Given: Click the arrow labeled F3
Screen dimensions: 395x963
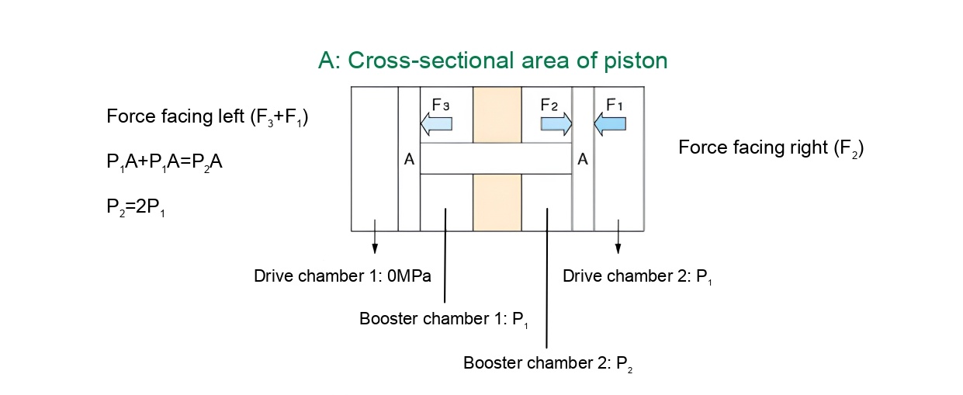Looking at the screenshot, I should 435,123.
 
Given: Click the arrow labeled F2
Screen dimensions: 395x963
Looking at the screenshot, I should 556,123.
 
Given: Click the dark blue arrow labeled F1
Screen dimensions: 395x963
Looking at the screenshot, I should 610,123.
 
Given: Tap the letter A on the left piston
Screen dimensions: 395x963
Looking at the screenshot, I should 409,159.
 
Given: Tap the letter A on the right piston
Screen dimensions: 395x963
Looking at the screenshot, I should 583,159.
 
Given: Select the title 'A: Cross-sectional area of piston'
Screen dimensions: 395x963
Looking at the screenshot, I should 493,61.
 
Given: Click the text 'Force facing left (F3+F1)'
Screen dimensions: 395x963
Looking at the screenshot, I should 208,118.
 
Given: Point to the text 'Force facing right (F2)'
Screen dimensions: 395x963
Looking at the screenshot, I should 771,147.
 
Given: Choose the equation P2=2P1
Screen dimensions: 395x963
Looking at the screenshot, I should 137,207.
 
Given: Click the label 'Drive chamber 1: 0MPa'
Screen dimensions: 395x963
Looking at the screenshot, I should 342,275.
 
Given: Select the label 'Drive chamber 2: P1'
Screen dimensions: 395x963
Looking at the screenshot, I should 637,276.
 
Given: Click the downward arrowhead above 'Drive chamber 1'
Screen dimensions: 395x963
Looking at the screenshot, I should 375,248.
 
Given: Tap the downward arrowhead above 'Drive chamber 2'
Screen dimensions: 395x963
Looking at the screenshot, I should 618,248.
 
